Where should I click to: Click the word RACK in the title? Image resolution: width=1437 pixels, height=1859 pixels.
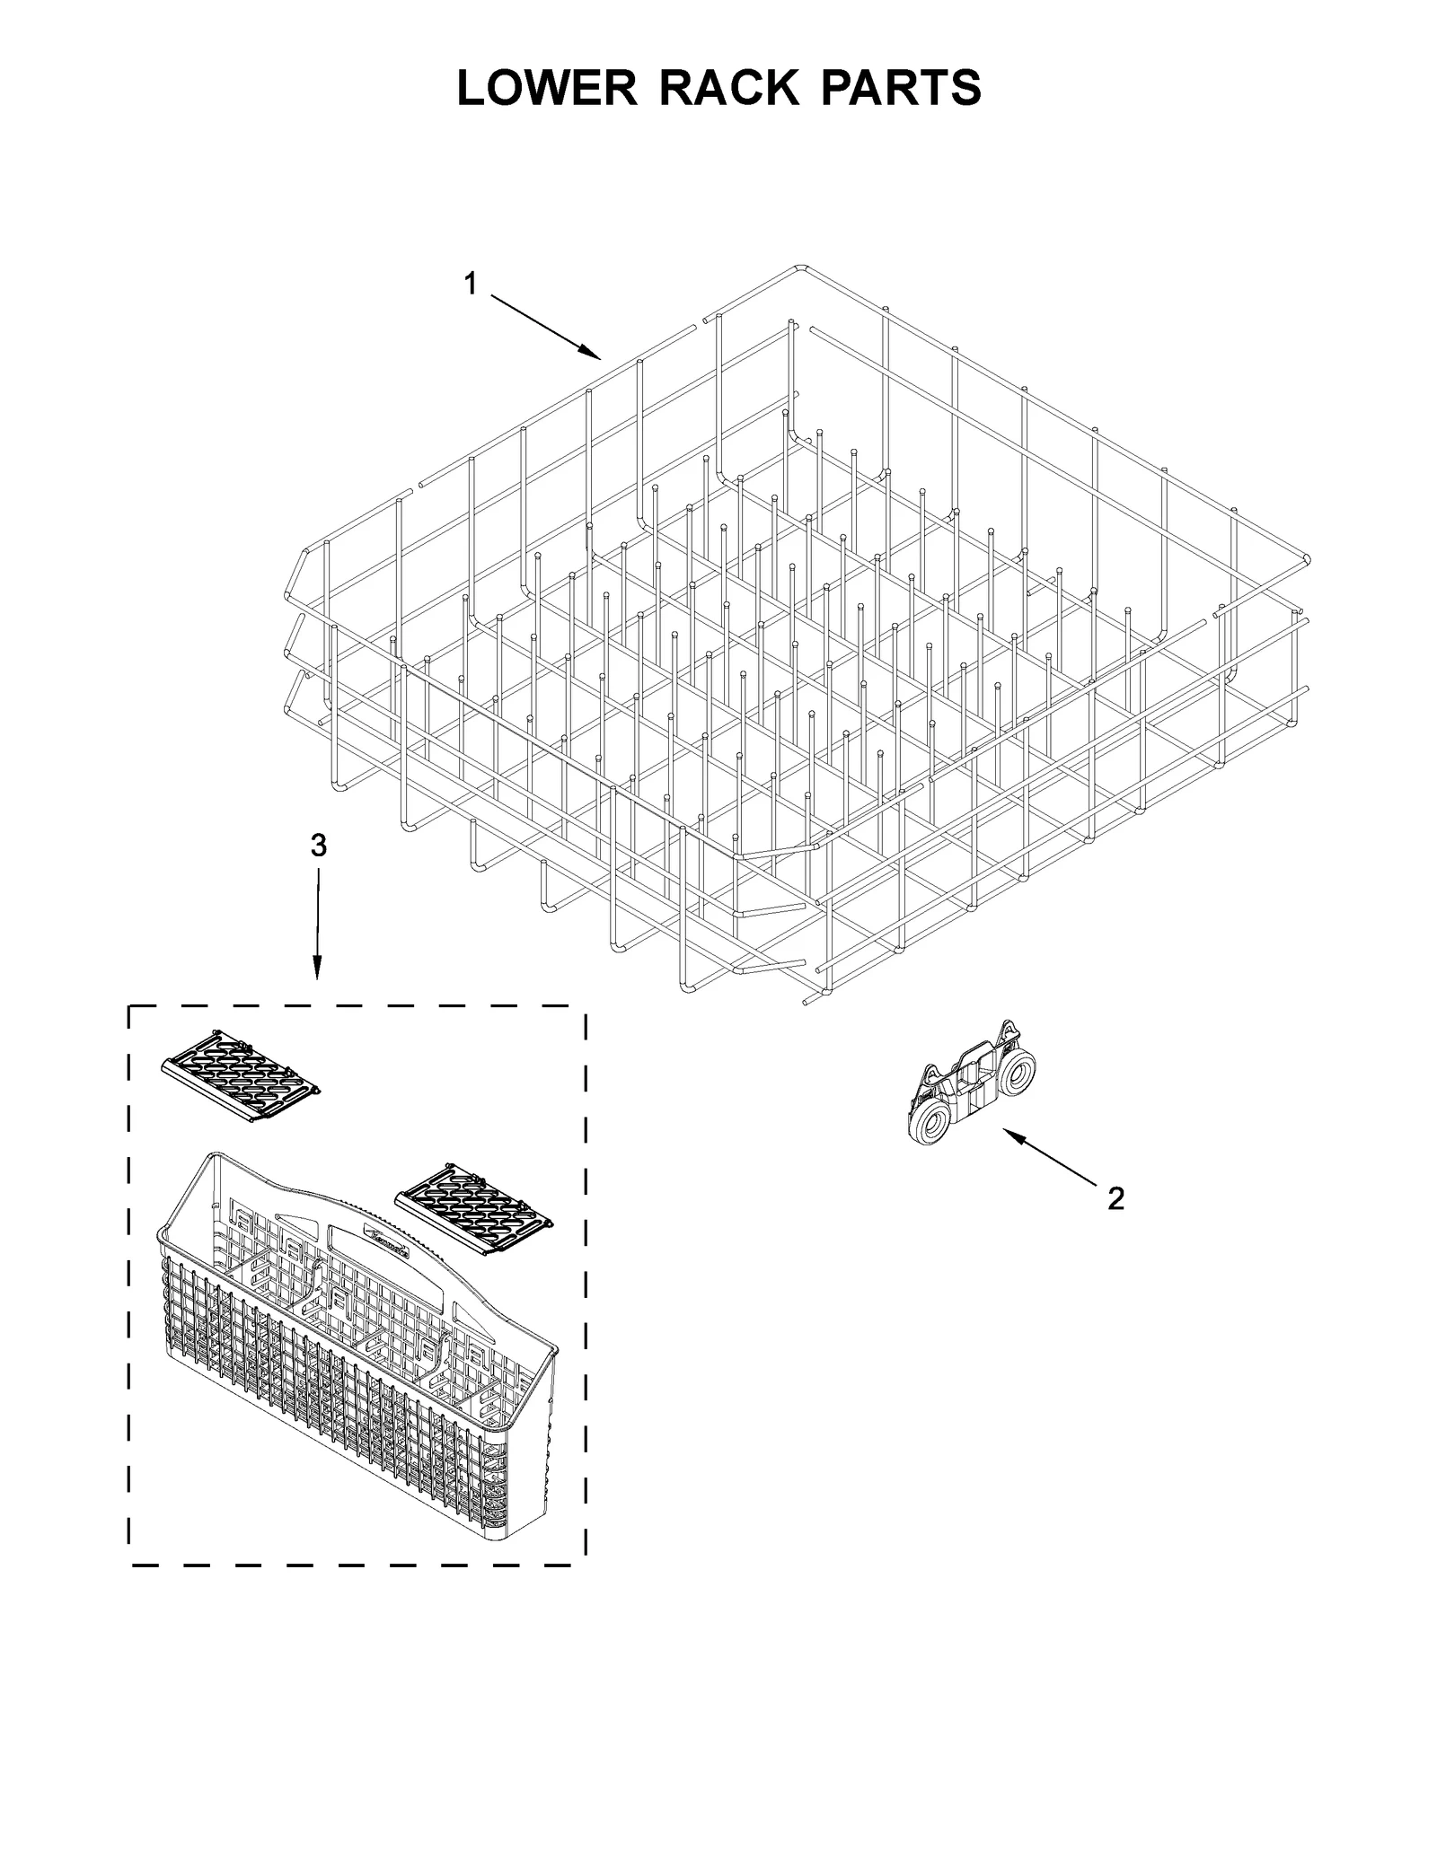728,87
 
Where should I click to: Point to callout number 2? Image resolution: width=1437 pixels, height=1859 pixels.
1115,1197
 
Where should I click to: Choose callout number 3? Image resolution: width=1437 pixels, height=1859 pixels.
318,845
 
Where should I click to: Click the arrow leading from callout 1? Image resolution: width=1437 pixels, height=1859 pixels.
544,327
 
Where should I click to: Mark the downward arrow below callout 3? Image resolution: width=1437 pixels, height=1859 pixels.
318,925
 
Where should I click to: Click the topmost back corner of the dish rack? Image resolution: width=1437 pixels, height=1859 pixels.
799,267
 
